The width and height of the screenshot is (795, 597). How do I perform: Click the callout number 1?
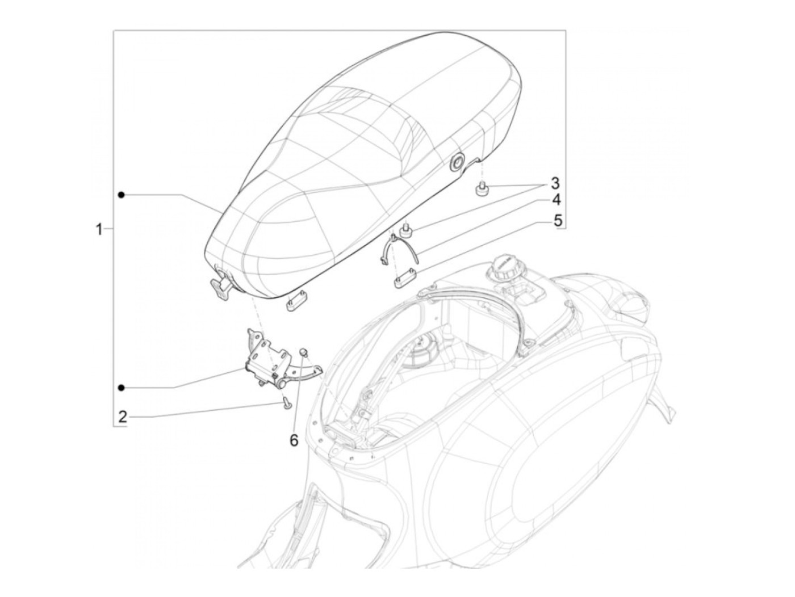pyautogui.click(x=98, y=229)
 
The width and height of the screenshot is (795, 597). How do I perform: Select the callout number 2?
pyautogui.click(x=123, y=417)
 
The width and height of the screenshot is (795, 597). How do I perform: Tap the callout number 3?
pyautogui.click(x=554, y=183)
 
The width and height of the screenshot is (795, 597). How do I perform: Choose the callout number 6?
pyautogui.click(x=294, y=440)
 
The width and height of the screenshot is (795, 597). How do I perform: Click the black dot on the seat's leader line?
pyautogui.click(x=122, y=195)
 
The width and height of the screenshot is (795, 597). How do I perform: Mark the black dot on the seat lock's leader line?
pyautogui.click(x=122, y=388)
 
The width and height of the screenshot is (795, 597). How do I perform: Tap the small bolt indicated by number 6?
pyautogui.click(x=303, y=351)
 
